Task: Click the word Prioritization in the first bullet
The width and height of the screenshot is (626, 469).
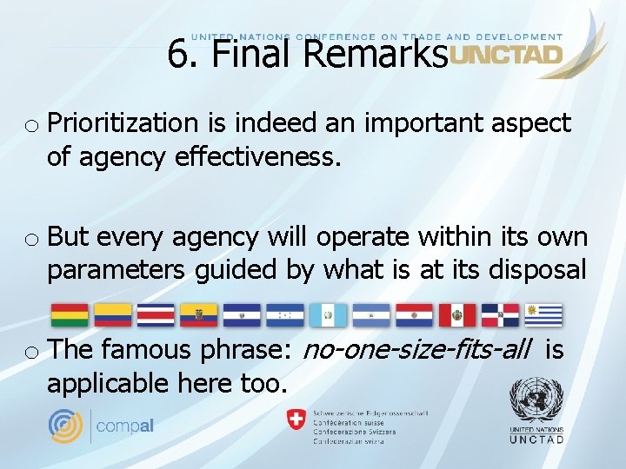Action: point(120,124)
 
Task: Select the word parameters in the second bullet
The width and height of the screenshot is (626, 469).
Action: point(116,270)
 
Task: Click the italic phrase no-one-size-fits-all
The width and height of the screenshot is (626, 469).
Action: point(416,350)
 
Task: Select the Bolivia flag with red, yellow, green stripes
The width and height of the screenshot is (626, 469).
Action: point(69,314)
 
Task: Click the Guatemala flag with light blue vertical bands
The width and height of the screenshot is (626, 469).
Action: point(328,314)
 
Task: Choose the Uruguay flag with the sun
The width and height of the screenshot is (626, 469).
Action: point(543,314)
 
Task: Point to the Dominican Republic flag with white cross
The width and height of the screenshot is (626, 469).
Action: point(500,314)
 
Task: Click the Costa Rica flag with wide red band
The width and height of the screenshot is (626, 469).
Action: point(156,314)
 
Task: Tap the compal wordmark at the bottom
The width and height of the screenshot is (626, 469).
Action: point(125,426)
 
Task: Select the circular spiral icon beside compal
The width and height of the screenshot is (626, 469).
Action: point(67,426)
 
